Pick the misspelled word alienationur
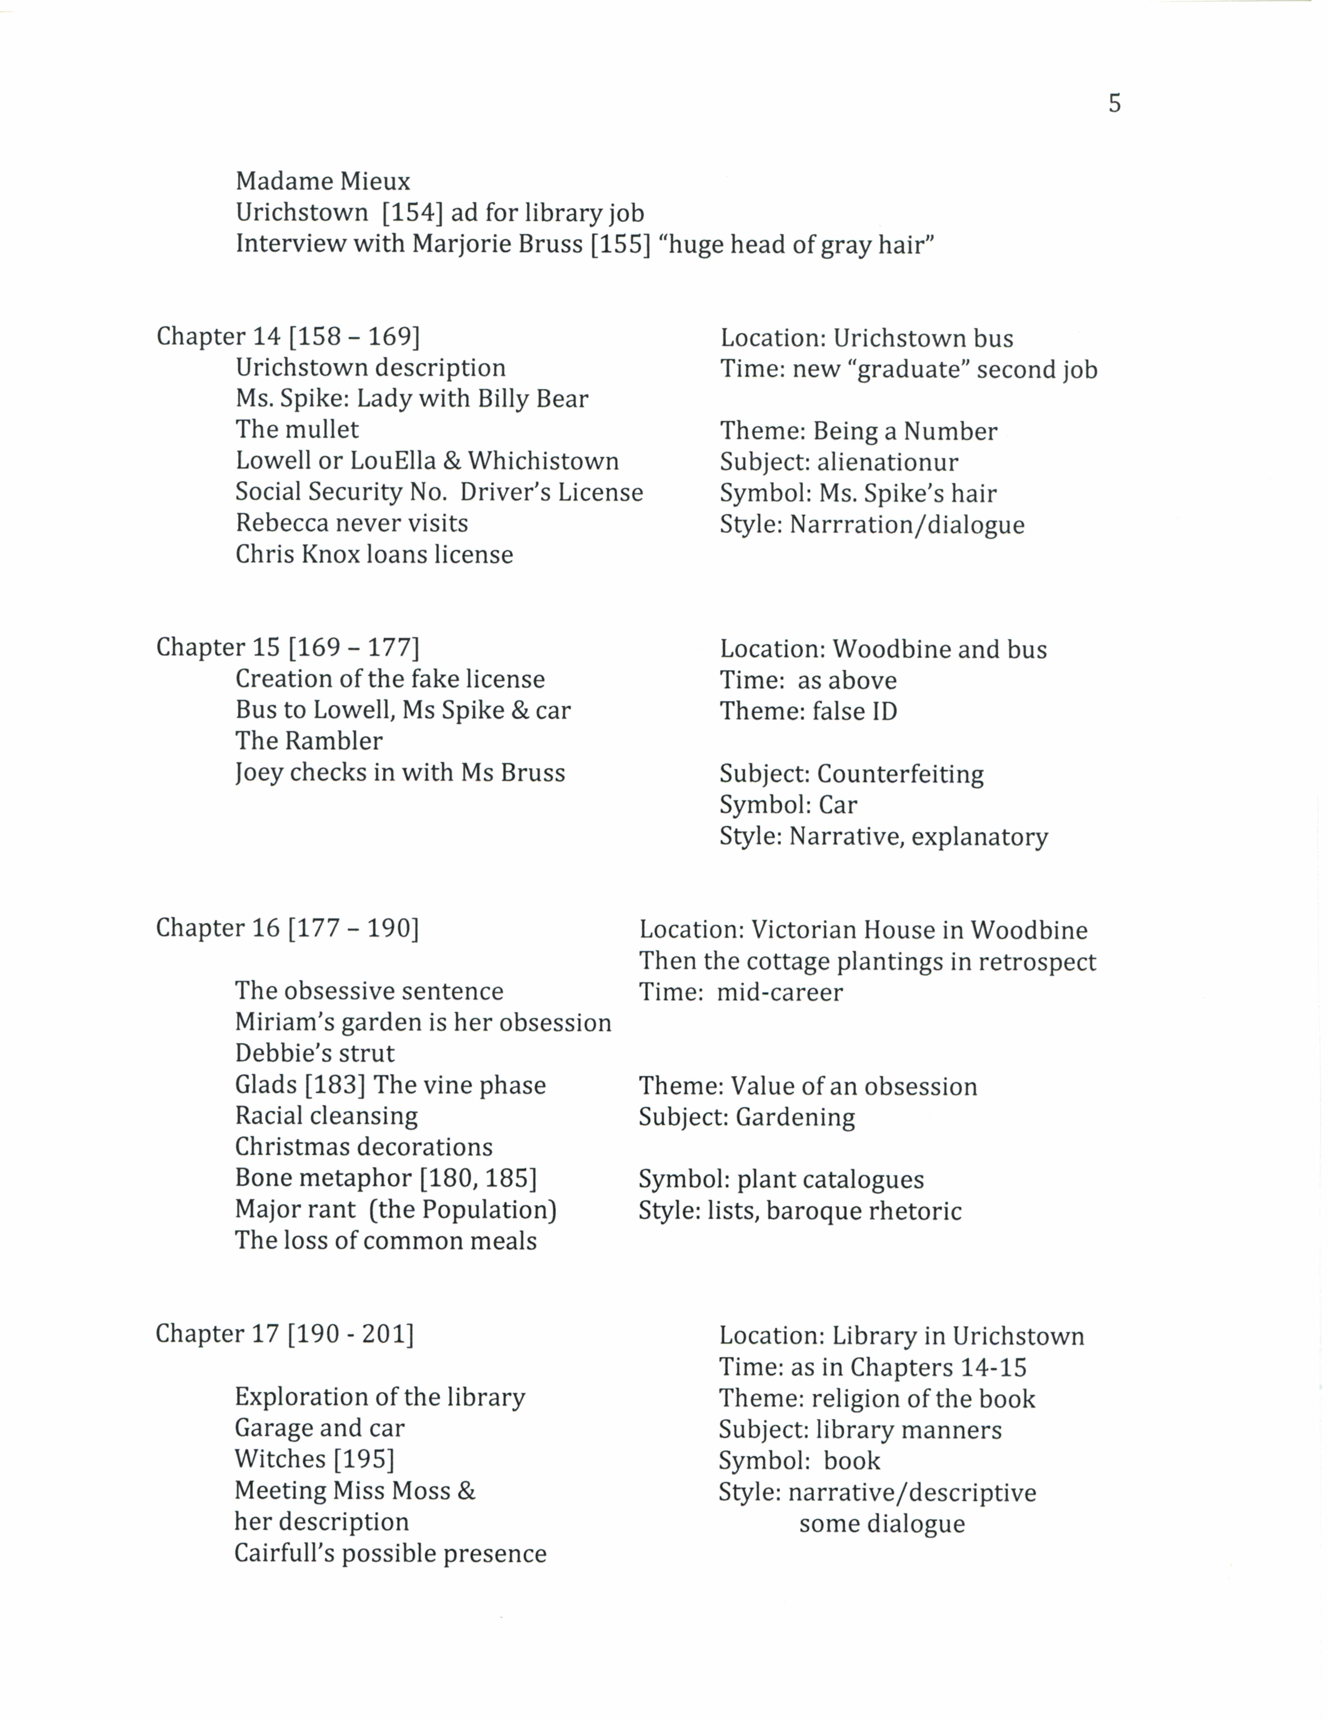(888, 462)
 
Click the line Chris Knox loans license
(374, 554)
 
